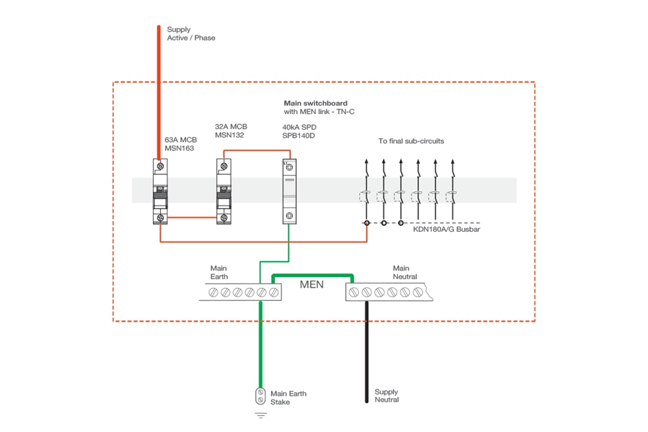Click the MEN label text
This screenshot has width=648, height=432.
pos(311,284)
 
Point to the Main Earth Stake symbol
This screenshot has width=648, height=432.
pos(260,396)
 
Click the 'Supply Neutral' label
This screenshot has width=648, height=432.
pos(387,396)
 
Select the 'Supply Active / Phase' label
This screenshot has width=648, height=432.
pos(191,34)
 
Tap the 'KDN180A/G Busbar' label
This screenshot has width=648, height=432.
pos(446,229)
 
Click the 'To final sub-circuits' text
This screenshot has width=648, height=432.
pos(411,141)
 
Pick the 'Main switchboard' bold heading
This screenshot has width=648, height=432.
pos(316,103)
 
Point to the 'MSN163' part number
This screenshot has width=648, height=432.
pos(178,148)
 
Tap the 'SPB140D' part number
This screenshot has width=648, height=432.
pos(299,136)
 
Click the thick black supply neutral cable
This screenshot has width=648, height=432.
pos(366,350)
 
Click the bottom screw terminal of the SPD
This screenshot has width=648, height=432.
pos(289,216)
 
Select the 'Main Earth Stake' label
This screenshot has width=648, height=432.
pos(288,398)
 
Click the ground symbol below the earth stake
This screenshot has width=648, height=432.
pos(260,415)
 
